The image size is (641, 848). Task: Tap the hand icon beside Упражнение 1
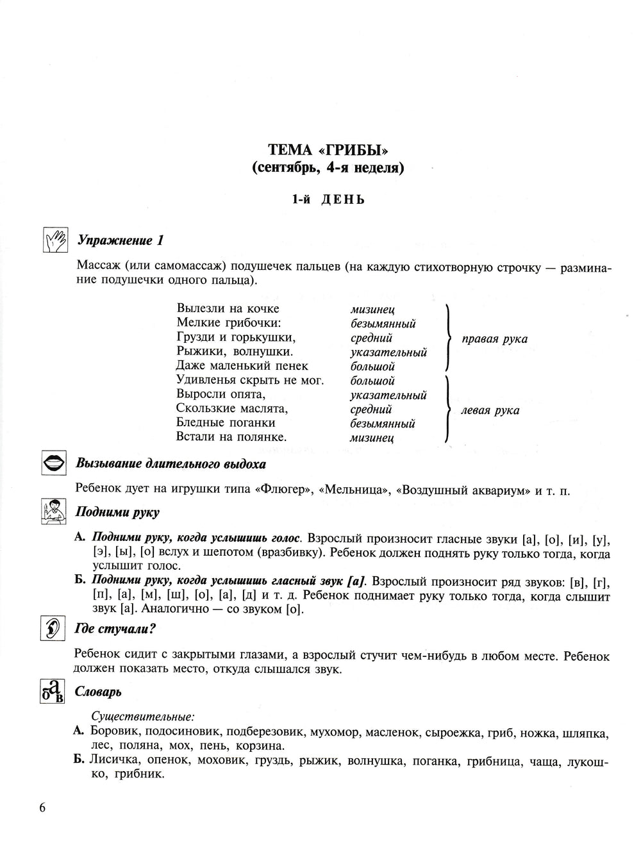click(54, 240)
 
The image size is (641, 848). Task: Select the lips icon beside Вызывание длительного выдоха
click(54, 463)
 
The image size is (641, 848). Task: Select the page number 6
click(42, 808)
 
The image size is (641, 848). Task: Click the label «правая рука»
click(494, 339)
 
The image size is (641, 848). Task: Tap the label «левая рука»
click(490, 410)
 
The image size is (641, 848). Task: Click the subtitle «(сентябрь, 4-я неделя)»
click(328, 169)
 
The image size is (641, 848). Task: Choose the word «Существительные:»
click(143, 715)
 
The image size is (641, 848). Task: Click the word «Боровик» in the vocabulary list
click(114, 732)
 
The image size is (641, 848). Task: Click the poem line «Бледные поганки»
click(226, 422)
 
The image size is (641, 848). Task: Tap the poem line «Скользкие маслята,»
click(232, 408)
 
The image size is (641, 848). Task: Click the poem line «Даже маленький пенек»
click(242, 365)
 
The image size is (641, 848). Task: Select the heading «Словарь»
click(98, 692)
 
